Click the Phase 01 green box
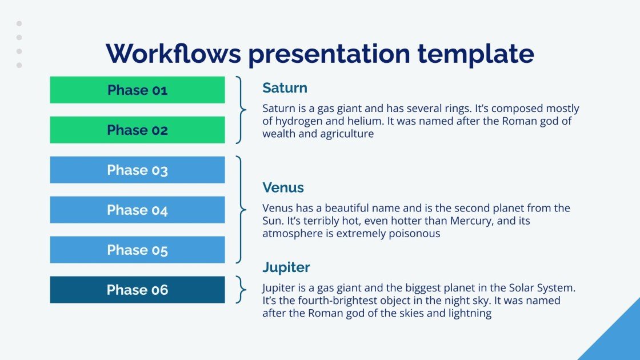tap(137, 90)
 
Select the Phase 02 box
tap(137, 130)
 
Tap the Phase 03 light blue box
tap(137, 170)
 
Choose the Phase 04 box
tap(137, 210)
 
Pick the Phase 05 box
tap(137, 250)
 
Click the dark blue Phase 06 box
tap(137, 290)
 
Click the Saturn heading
tap(285, 88)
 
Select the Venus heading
tap(283, 188)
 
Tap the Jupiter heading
tap(286, 267)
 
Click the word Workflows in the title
tap(173, 54)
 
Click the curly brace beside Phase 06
tap(242, 290)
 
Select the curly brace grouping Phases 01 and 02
tap(242, 110)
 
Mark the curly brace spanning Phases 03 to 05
tap(242, 210)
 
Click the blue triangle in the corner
tap(617, 337)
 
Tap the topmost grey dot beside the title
tap(19, 24)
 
